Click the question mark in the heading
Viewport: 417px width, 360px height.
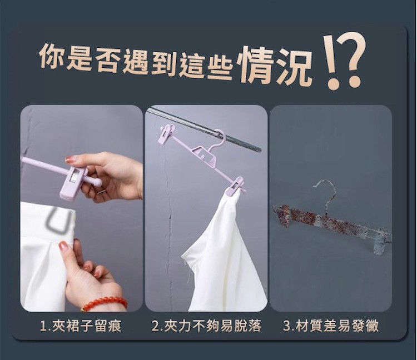(351, 60)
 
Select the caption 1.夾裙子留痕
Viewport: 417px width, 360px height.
(81, 326)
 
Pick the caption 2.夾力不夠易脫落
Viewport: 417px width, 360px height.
(206, 326)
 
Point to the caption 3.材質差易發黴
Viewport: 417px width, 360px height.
(331, 326)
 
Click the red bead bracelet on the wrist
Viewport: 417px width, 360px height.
(105, 303)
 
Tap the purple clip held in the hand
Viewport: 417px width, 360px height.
(73, 182)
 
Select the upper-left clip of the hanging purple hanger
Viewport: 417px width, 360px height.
(167, 134)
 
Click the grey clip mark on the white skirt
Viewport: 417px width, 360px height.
(57, 219)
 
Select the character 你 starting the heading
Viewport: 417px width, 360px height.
(52, 55)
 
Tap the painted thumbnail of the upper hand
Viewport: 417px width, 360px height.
(71, 159)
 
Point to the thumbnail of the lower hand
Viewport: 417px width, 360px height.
(64, 246)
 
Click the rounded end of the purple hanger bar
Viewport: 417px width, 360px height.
(97, 182)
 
